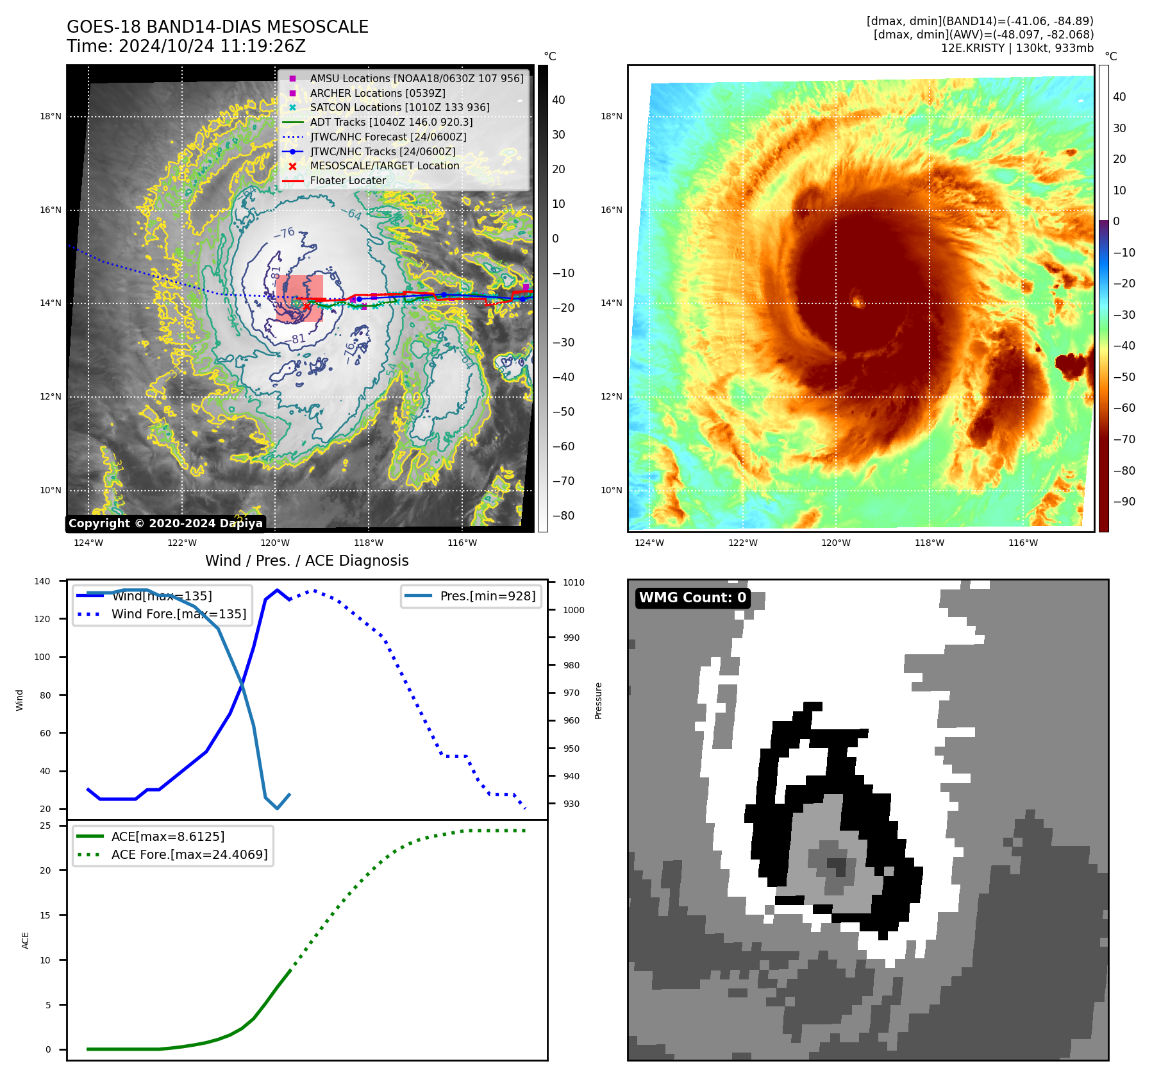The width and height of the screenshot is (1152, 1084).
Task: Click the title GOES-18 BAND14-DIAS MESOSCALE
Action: pos(217,27)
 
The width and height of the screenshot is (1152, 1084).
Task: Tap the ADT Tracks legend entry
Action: pos(391,122)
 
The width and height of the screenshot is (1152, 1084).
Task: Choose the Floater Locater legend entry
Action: pos(347,181)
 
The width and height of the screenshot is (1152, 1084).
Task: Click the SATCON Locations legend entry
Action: pos(399,107)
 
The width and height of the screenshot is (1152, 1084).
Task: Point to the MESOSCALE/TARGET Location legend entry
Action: pos(385,165)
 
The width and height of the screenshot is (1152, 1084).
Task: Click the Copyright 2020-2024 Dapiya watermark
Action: pos(165,523)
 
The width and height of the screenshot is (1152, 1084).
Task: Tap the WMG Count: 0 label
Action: pos(692,598)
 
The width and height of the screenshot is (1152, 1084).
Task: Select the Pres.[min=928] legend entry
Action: pos(487,596)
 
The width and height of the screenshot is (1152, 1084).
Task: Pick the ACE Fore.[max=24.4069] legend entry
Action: pos(189,854)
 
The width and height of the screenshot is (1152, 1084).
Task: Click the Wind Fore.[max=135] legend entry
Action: pos(179,614)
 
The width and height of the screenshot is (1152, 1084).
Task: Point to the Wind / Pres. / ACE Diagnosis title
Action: pos(306,561)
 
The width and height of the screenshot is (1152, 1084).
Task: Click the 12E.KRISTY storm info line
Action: pos(1017,48)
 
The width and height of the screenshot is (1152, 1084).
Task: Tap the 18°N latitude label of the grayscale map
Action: pos(51,117)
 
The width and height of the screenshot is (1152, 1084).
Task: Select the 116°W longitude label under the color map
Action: pos(1023,543)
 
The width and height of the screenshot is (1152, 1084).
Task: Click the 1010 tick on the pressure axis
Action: pos(574,582)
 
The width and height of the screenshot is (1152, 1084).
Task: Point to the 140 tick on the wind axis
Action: pos(42,581)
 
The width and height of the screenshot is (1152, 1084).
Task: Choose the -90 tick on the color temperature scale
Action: pos(1124,502)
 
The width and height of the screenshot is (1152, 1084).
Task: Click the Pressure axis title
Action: pos(598,700)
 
